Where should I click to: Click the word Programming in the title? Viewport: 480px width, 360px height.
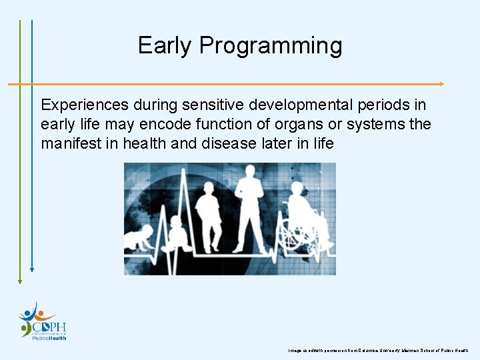click(270, 46)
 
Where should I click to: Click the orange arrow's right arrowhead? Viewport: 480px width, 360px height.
click(441, 84)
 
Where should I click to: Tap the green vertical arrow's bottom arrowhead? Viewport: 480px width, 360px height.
click(20, 281)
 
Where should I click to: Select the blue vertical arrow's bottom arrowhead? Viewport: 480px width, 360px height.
click(31, 271)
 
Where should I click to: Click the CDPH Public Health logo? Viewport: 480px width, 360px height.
click(43, 321)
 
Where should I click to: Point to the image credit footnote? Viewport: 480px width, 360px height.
click(378, 350)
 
